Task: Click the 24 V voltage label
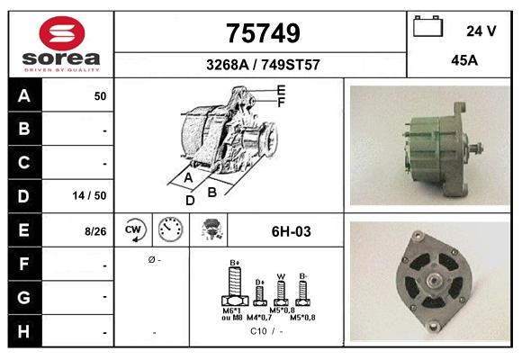[481, 31]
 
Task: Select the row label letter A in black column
[24, 95]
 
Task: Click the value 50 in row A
[100, 95]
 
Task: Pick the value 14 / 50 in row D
[94, 195]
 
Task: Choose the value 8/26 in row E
[95, 231]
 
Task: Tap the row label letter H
[24, 331]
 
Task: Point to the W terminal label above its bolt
[282, 276]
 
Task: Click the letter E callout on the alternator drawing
[281, 89]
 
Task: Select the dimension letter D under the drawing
[190, 200]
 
